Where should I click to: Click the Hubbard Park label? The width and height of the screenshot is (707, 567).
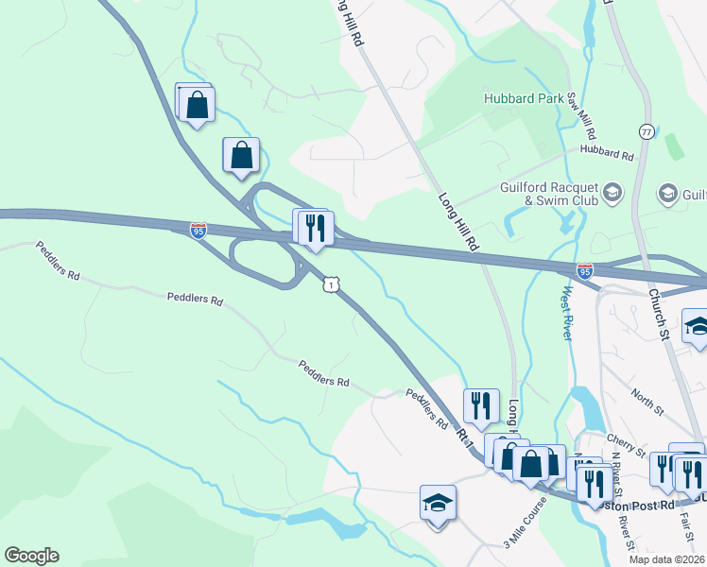(x=523, y=97)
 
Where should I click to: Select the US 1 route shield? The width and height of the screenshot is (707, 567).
(x=330, y=283)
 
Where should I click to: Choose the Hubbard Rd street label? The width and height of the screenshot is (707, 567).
(x=606, y=152)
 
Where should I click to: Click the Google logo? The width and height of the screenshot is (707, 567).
(x=31, y=556)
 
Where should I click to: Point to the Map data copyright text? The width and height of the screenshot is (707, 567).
(x=666, y=559)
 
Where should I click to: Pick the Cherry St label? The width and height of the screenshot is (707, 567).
(x=626, y=441)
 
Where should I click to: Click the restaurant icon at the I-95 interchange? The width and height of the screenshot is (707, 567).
(x=315, y=228)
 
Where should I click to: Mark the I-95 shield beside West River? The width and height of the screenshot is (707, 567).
(x=585, y=272)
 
